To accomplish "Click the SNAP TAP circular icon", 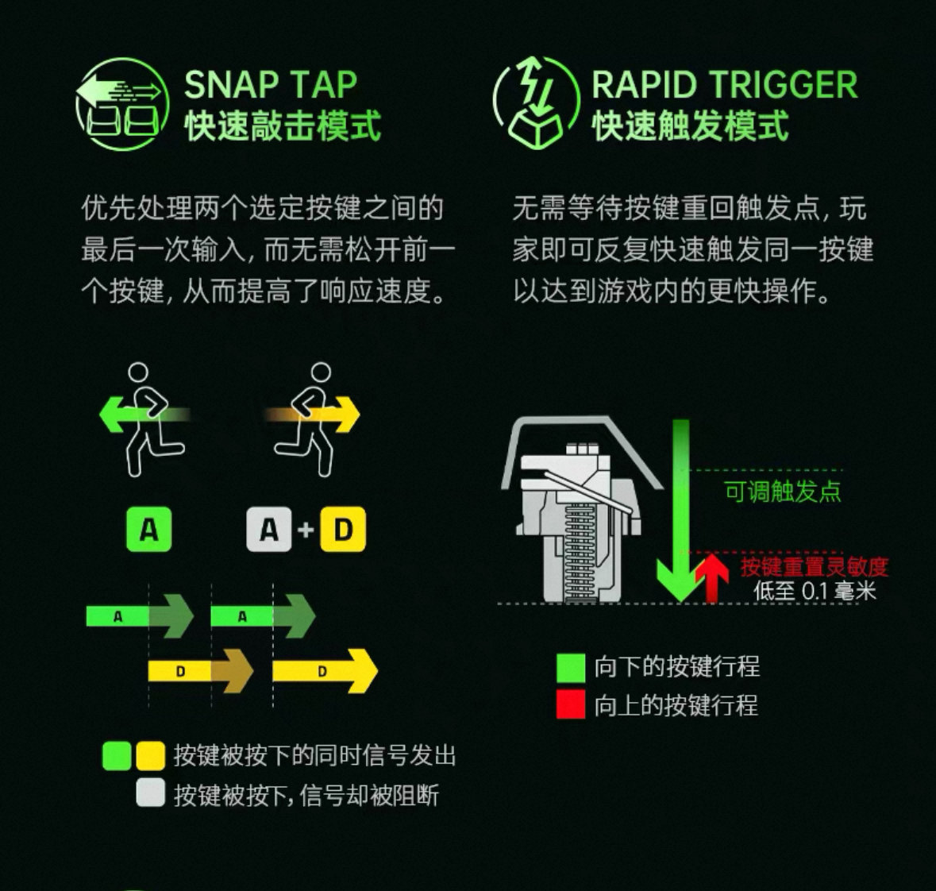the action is coord(122,104).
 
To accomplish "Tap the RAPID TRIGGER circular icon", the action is coord(536,102).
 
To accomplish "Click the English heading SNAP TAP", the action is coord(271,84).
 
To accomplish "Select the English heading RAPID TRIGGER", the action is coord(725,84).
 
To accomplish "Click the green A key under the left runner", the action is coord(148,530).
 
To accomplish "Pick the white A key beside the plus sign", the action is coord(268,530).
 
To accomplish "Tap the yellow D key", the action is coord(343,530).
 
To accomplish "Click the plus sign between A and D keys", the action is coord(306,530).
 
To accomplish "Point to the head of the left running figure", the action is coord(138,372).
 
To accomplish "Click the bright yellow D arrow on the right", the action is coord(325,671).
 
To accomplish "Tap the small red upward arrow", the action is coord(711,577).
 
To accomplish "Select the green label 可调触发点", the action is coord(783,492).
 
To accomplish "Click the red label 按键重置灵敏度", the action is coord(815,567).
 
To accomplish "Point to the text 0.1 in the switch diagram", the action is coord(815,591).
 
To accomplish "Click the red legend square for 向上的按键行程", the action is coord(571,704).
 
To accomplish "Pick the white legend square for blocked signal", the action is coord(150,793).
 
